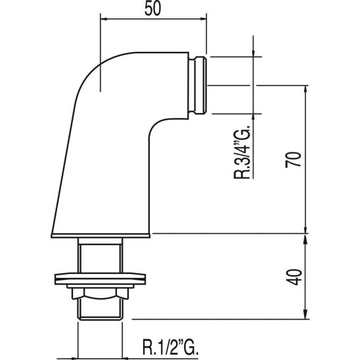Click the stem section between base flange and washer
click(100, 253)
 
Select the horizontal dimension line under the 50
click(153, 20)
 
